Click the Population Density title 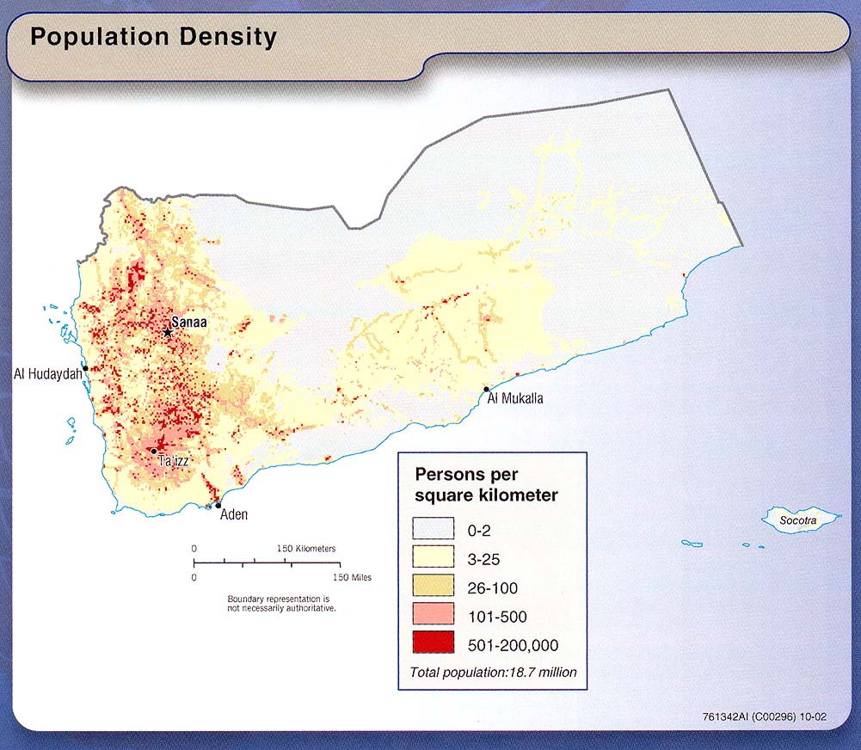(x=153, y=38)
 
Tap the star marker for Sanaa (x=169, y=332)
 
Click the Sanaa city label (x=189, y=324)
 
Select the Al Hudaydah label (x=47, y=373)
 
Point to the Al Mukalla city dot (x=487, y=390)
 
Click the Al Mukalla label (x=515, y=398)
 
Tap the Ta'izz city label (x=173, y=462)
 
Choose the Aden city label (x=234, y=515)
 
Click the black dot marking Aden (x=218, y=505)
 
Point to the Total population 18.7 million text (x=494, y=672)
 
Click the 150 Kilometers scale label (x=306, y=548)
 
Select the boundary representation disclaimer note (x=281, y=603)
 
